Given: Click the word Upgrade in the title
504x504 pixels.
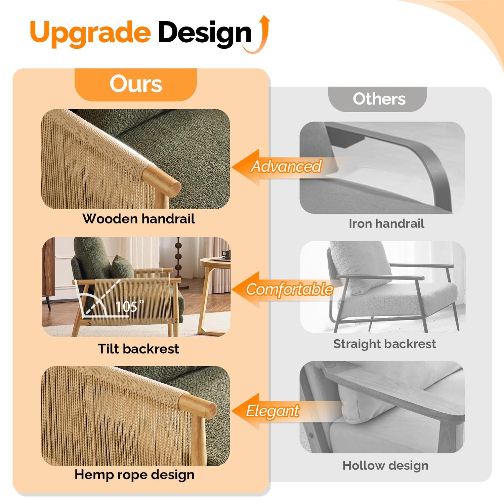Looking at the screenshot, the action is click(x=90, y=33).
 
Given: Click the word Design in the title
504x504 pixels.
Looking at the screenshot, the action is click(x=205, y=33).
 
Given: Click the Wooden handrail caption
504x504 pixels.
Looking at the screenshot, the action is click(x=139, y=219).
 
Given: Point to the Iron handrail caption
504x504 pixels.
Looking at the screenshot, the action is click(x=386, y=223).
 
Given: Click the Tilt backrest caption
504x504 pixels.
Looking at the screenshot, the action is click(x=138, y=349).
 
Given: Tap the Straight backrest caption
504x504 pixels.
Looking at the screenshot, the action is click(x=384, y=344).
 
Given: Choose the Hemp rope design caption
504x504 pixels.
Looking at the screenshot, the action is click(x=134, y=475).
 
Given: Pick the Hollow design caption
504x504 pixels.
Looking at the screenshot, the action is click(x=385, y=466).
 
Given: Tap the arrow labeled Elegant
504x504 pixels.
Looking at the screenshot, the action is click(x=286, y=411).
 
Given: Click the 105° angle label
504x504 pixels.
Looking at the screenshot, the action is click(x=129, y=306).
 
